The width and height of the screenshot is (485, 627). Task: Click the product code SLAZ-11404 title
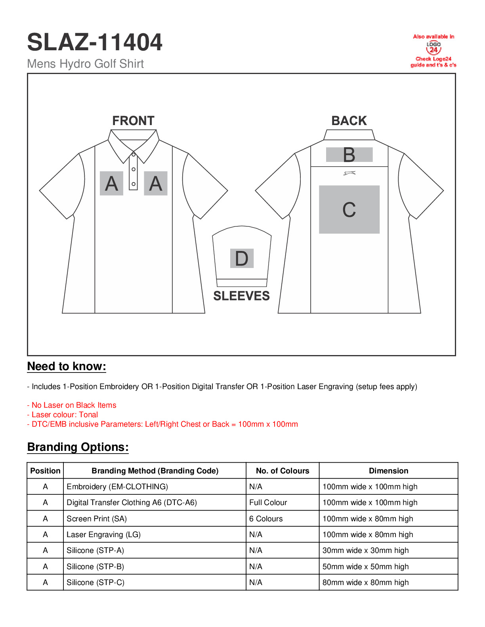pos(95,42)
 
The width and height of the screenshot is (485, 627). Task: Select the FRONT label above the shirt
pos(133,121)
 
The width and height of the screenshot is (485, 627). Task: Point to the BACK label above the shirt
pos(349,121)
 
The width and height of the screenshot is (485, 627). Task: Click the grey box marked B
pos(349,155)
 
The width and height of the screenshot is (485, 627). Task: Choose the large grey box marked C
pos(349,209)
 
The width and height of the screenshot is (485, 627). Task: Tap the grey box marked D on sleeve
pos(242,258)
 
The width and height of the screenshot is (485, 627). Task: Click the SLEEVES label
pos(241,296)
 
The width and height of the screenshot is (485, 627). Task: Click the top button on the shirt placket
pos(134,154)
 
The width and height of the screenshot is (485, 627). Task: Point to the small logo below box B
pos(349,173)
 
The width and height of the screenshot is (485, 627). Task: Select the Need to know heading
pos(67,367)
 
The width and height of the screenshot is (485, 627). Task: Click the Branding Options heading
pos(78,447)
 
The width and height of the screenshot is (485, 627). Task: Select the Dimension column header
pos(388,471)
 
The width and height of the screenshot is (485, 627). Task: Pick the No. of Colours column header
pos(283,471)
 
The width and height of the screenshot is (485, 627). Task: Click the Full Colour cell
pos(268,503)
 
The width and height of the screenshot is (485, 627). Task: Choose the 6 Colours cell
pos(266,519)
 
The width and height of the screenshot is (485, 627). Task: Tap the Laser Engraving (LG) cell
pos(103,534)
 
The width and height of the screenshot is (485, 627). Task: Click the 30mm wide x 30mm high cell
pos(365,551)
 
